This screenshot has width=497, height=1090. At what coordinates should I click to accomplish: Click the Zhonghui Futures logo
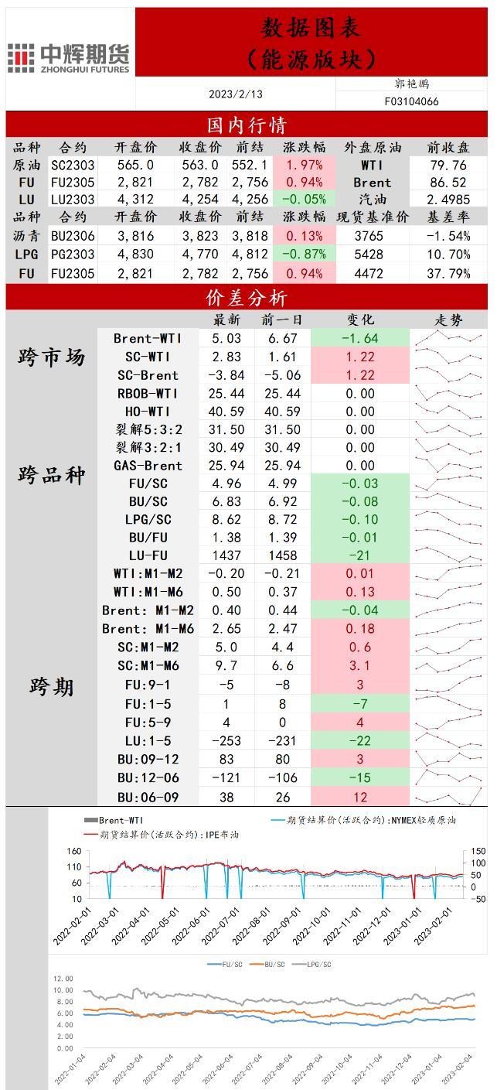69,58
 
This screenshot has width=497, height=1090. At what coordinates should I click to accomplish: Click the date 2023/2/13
236,94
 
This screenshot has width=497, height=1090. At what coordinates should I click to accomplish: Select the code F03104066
411,101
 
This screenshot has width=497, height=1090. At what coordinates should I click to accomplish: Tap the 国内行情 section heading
247,125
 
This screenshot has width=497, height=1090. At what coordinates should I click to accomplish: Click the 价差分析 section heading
247,298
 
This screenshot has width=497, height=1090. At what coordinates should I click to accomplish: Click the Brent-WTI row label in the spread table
148,338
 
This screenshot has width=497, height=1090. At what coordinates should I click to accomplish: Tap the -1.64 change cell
359,338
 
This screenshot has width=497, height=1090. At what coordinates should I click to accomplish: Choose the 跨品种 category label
52,474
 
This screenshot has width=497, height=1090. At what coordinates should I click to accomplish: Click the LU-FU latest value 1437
226,555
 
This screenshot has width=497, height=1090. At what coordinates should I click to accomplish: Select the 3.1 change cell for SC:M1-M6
359,665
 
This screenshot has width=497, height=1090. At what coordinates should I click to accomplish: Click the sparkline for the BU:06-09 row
448,797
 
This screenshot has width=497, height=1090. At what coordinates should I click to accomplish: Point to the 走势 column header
448,319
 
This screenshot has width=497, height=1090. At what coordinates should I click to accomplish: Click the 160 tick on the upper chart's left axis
75,852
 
